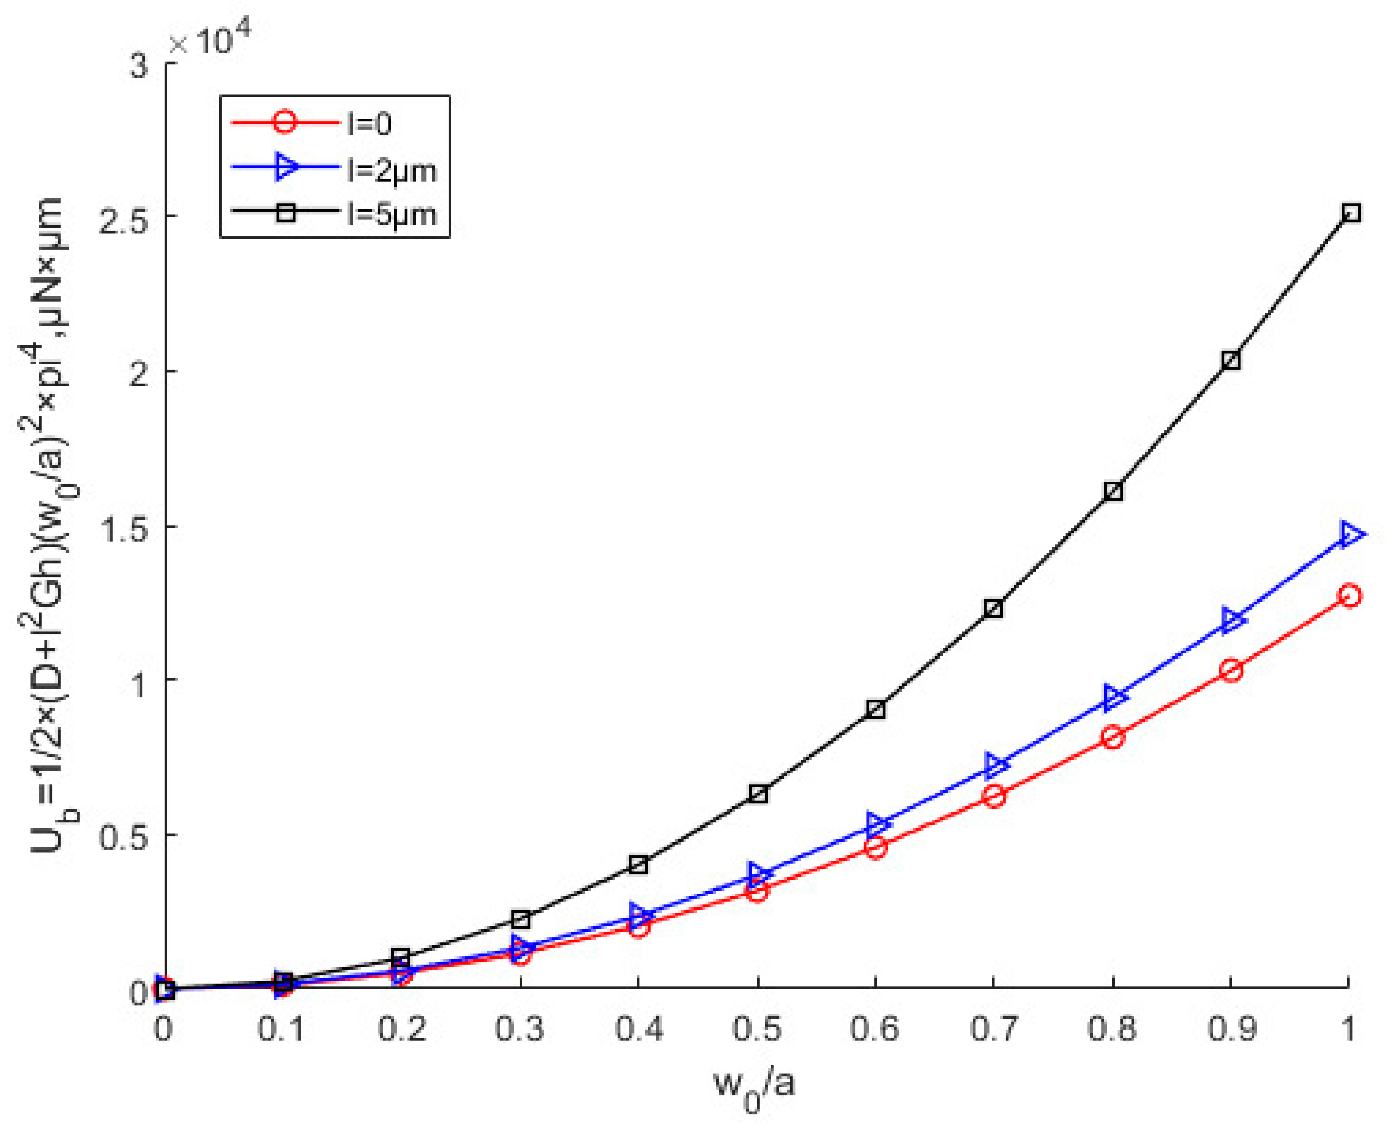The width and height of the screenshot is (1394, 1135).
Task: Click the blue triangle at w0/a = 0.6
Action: click(x=877, y=824)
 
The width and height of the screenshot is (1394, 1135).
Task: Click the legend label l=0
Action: click(x=369, y=123)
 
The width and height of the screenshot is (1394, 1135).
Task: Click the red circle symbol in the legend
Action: click(x=285, y=122)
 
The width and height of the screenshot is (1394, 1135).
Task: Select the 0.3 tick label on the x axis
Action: click(x=520, y=1029)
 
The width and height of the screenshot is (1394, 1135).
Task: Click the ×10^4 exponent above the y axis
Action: click(x=209, y=41)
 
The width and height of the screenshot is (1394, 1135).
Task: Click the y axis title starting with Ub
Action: click(x=49, y=523)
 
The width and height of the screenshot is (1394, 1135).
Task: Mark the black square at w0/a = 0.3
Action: click(x=520, y=920)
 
